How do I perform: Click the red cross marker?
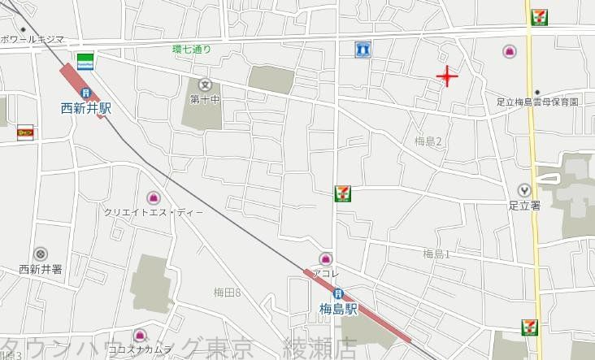tap(447, 77)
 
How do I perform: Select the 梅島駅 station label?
tap(339, 308)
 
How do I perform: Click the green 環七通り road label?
tap(192, 50)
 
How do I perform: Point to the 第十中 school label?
tap(205, 99)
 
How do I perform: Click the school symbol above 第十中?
tap(204, 85)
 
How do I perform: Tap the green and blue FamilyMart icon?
tap(85, 59)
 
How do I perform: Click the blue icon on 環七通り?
tap(363, 50)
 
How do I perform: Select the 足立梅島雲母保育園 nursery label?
tap(537, 102)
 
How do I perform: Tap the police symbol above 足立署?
tap(524, 190)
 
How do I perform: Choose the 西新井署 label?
tap(40, 269)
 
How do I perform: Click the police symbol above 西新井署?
tap(41, 254)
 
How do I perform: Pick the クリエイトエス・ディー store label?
tap(154, 212)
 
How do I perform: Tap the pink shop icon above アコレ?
tap(326, 258)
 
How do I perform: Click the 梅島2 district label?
tap(428, 141)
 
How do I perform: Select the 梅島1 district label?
tap(436, 254)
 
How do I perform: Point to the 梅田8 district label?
tap(228, 292)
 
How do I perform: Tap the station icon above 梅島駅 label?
tap(338, 293)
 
